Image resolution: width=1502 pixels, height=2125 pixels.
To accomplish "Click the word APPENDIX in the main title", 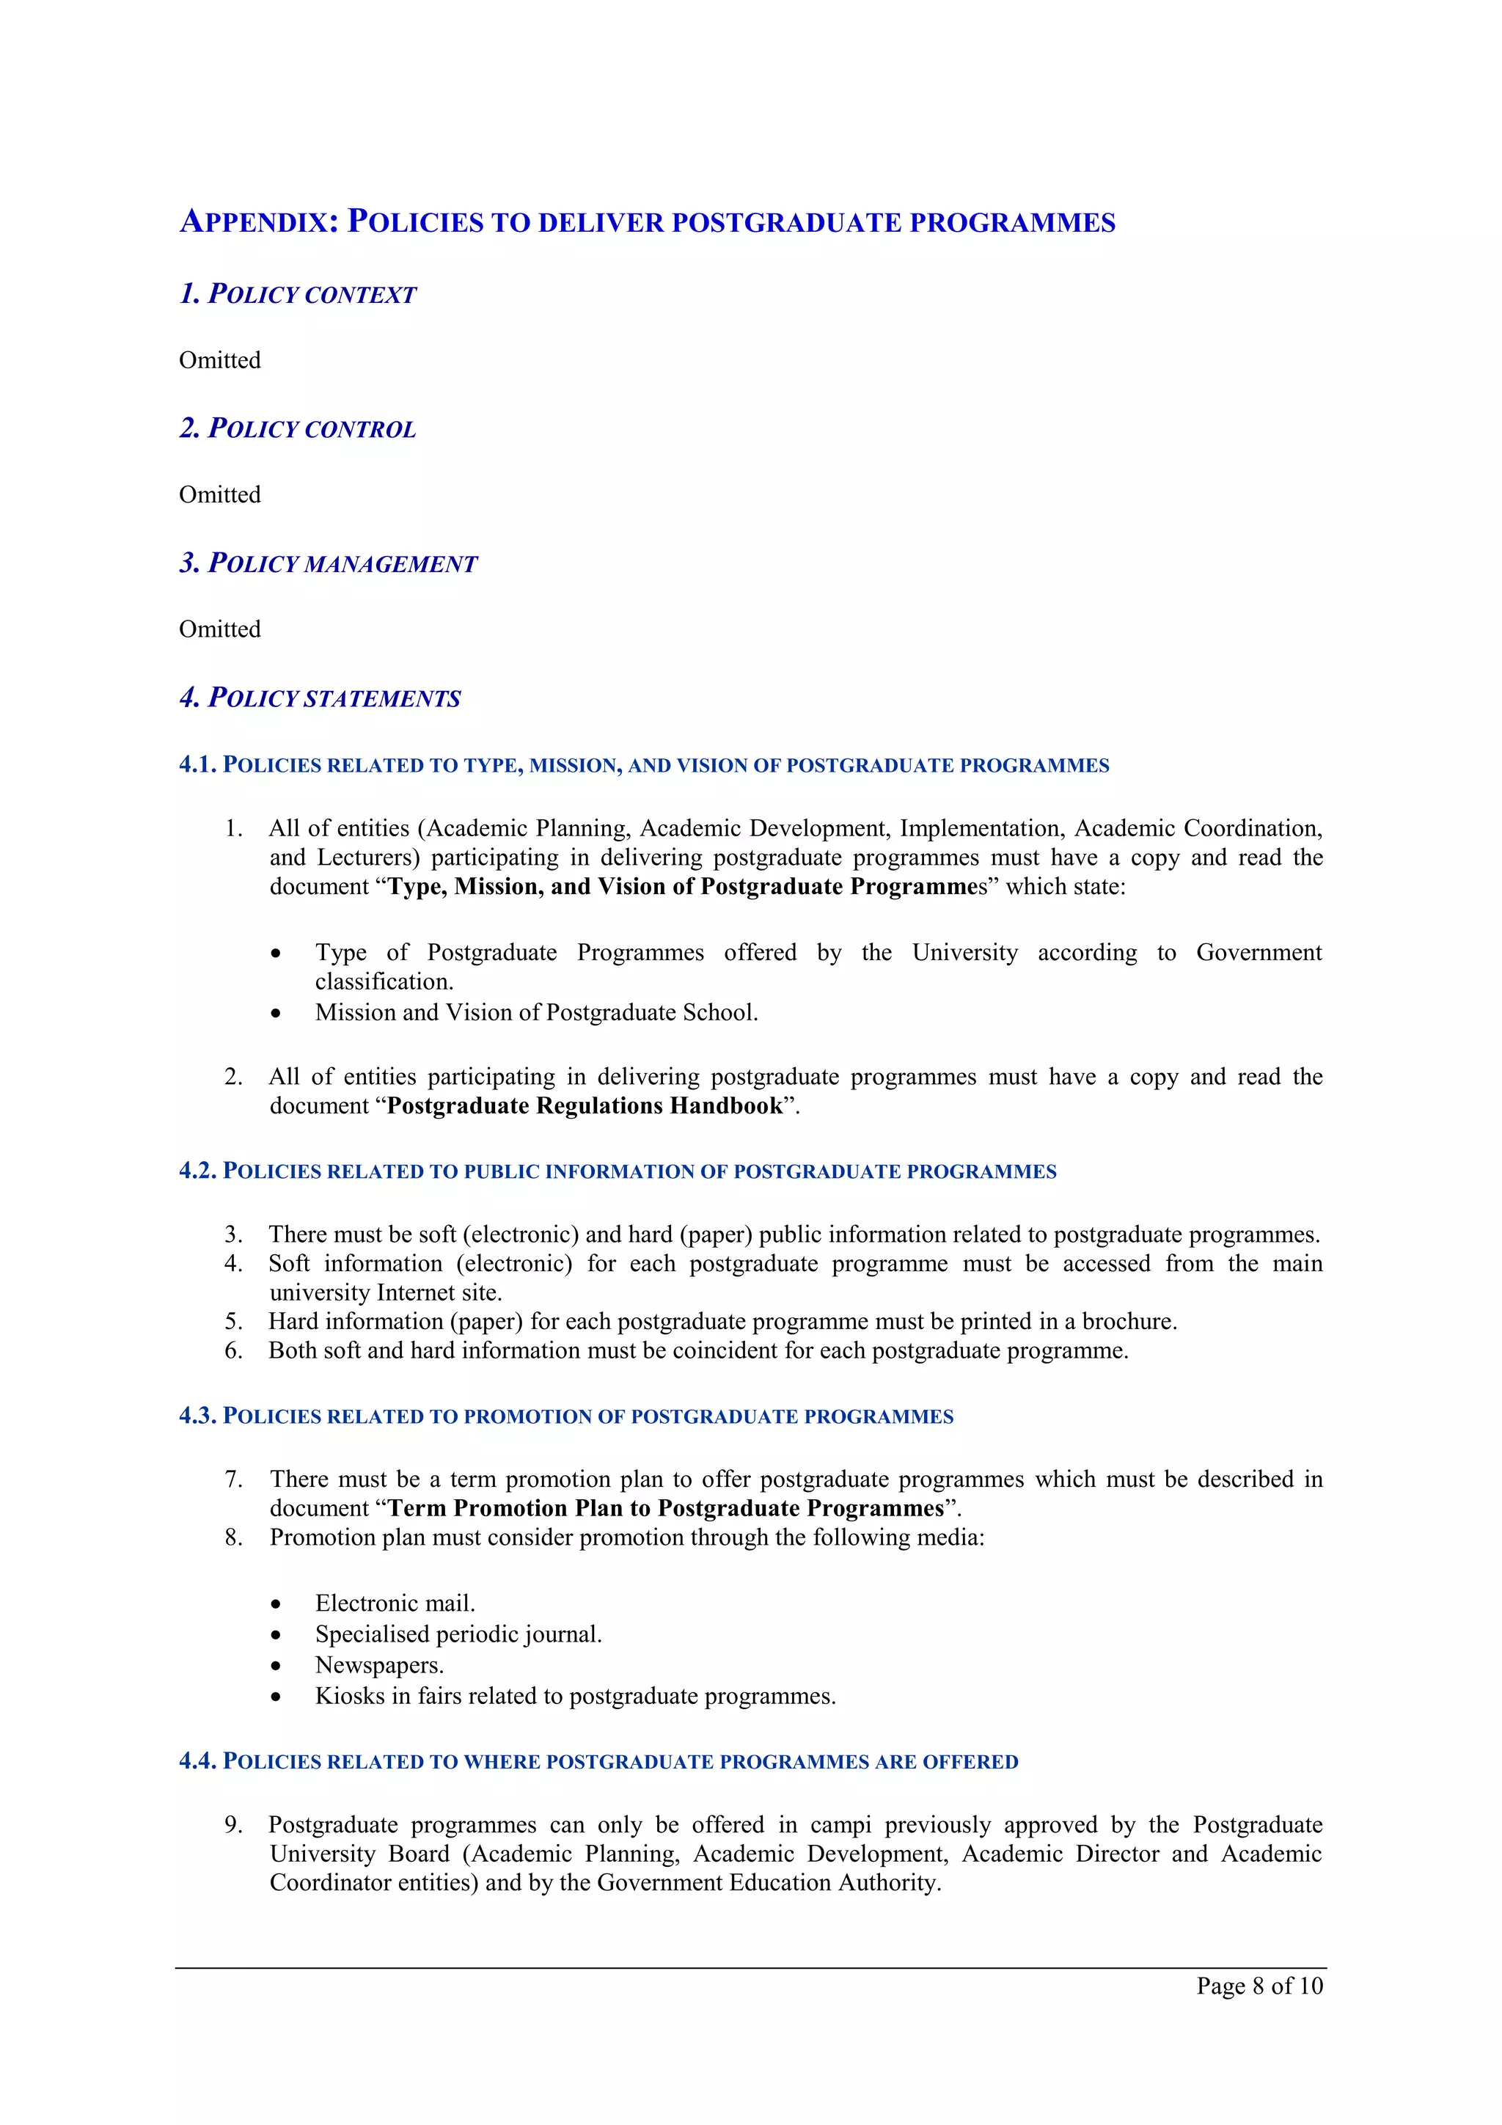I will point(258,222).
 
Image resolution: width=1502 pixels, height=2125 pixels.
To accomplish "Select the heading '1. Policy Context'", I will point(297,294).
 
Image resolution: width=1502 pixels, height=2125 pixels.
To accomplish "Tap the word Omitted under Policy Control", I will point(219,494).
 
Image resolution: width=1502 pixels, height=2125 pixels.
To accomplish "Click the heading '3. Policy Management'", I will point(328,563).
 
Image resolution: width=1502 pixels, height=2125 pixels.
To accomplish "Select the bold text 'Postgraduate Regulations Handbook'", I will point(584,1106).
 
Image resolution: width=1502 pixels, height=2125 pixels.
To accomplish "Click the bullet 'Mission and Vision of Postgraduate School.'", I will point(536,1012).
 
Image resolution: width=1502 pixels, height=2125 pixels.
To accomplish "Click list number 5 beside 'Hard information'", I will point(233,1322).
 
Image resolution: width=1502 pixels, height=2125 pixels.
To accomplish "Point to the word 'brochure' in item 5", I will point(1127,1322).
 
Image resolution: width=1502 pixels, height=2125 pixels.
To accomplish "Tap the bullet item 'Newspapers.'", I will point(378,1665).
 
